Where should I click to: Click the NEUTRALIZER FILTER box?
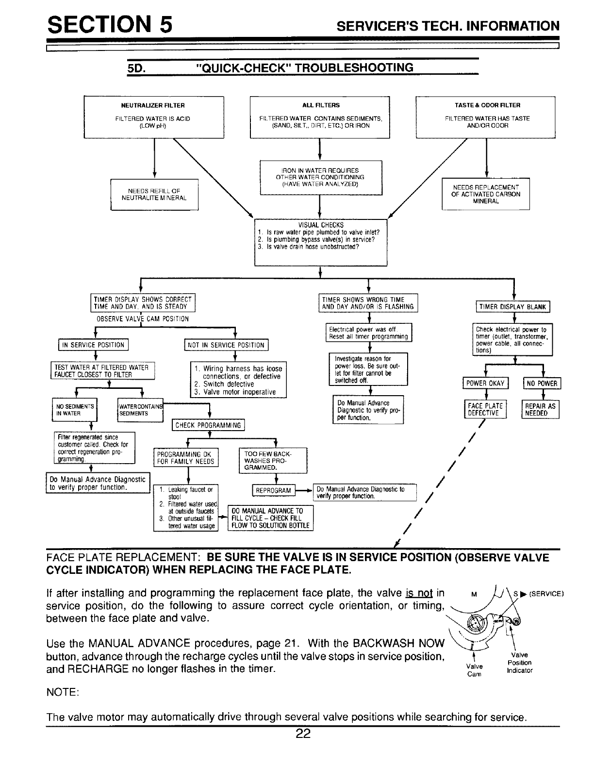[x=154, y=117]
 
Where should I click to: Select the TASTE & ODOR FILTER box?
[x=486, y=117]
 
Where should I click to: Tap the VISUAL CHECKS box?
[x=320, y=242]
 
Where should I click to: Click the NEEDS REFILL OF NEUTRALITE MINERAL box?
[x=154, y=194]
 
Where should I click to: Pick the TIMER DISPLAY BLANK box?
[x=513, y=306]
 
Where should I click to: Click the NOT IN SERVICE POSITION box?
[x=227, y=345]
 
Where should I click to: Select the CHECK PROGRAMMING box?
[x=208, y=426]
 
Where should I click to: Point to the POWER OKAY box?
[x=486, y=384]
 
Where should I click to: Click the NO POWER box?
[x=542, y=384]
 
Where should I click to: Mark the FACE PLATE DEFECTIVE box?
[x=485, y=409]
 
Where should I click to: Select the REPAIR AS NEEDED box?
[x=540, y=409]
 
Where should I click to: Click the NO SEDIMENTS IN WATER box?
[x=75, y=410]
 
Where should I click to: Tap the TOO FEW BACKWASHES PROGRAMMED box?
[x=273, y=460]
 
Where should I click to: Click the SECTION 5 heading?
[x=109, y=24]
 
